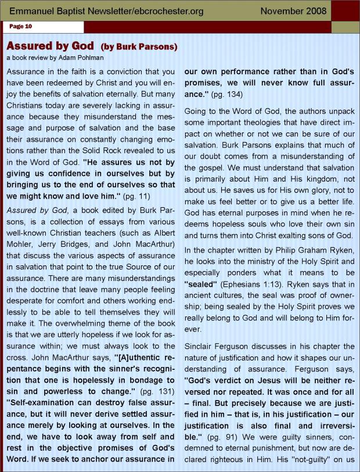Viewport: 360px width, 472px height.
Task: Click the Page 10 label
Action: point(20,26)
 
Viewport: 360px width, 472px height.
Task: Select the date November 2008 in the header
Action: point(293,10)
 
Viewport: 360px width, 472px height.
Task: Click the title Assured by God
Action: point(51,46)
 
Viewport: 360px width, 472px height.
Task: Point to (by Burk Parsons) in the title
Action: point(139,46)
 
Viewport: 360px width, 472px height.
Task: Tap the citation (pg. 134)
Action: point(229,93)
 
